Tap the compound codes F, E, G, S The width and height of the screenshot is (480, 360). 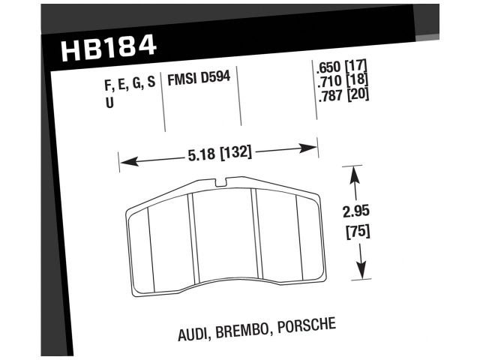click(130, 83)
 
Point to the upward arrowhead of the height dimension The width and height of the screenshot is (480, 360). click(355, 175)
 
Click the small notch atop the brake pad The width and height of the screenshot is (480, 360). click(219, 181)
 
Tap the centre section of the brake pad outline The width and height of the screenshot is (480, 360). click(223, 240)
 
